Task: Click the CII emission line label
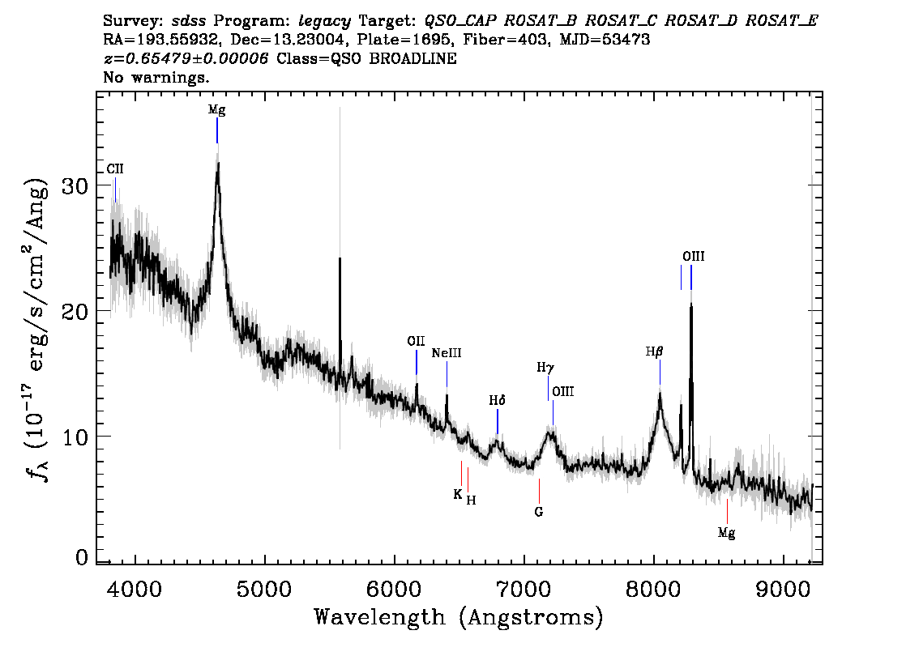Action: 115,168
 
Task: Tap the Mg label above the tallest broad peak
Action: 217,110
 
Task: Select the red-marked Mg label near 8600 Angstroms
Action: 727,533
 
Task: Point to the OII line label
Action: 416,341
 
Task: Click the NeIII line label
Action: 447,352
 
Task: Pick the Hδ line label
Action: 497,401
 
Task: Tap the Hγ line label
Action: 545,368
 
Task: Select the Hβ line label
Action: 654,351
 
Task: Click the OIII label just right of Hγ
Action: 563,391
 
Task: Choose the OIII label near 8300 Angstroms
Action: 694,256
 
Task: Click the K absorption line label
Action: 458,494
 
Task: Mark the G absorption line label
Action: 539,512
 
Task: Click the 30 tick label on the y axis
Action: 75,185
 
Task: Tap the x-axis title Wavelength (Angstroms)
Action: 459,617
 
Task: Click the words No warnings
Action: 156,77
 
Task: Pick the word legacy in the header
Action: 325,21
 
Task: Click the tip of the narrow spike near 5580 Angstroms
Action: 340,258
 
